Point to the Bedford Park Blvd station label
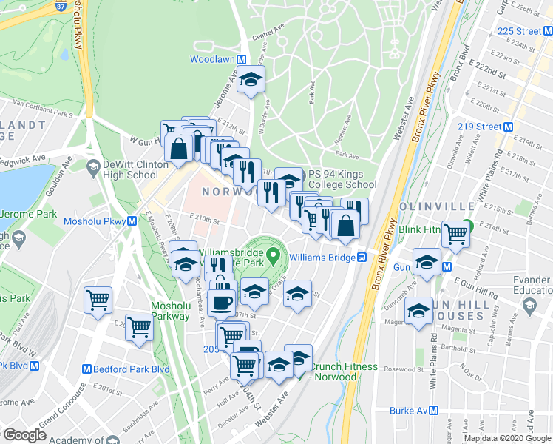126,369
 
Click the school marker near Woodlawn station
252,79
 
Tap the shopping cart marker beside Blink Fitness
456,234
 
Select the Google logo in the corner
24,434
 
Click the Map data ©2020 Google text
508,438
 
